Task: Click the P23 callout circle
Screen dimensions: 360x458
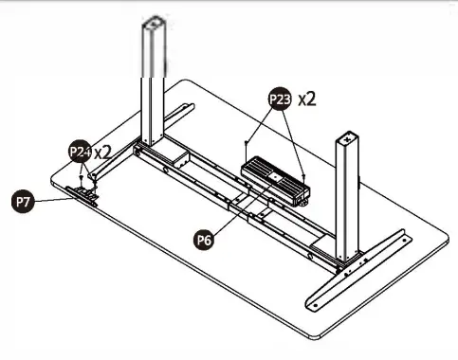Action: click(x=280, y=99)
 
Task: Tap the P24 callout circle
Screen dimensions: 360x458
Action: click(x=80, y=152)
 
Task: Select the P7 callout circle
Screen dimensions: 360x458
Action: click(x=22, y=201)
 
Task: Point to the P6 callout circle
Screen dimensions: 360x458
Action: click(x=205, y=241)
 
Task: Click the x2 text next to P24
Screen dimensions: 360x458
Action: click(x=102, y=152)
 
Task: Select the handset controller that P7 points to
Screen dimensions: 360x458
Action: click(x=86, y=196)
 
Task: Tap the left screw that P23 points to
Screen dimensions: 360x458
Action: click(x=247, y=143)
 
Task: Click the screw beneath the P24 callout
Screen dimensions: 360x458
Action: click(x=82, y=176)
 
